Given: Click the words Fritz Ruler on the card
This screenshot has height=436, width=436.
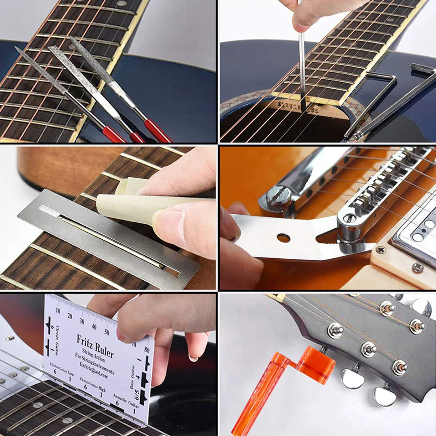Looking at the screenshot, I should click(x=95, y=346).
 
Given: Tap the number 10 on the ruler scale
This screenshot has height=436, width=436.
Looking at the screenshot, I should click(x=58, y=311).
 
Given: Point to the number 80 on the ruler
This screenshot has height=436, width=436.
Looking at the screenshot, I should click(x=146, y=350).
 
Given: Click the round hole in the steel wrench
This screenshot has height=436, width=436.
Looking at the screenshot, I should click(x=283, y=238).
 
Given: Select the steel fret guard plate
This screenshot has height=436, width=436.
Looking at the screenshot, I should click(x=109, y=236).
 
